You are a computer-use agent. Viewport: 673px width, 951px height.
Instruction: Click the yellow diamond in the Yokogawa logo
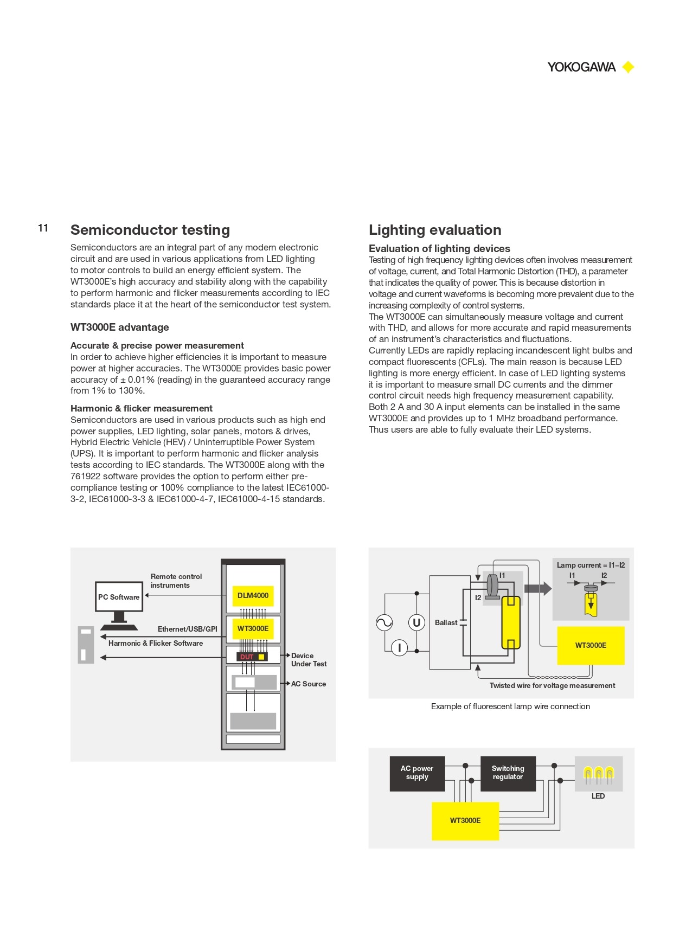tap(628, 67)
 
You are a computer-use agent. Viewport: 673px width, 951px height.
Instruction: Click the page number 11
tap(43, 228)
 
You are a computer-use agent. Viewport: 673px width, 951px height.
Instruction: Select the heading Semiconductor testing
tap(150, 230)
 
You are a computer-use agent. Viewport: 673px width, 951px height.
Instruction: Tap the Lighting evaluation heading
tap(435, 230)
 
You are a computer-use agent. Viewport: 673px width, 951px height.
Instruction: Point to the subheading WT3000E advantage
tap(120, 327)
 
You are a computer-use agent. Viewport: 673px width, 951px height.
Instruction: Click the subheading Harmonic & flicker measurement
tap(142, 408)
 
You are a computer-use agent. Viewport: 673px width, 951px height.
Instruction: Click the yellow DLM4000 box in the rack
tap(253, 596)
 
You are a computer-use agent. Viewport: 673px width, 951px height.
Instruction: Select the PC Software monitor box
tap(119, 597)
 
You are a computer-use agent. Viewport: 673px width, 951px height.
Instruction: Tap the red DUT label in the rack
tap(247, 657)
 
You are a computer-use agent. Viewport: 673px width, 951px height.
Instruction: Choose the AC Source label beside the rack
tap(309, 684)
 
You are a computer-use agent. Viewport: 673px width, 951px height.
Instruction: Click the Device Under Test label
tap(309, 660)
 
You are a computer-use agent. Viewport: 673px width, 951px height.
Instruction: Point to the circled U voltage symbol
tap(416, 623)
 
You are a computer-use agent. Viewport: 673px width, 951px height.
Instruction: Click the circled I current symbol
tap(400, 647)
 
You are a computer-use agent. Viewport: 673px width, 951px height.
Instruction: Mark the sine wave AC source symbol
tap(384, 623)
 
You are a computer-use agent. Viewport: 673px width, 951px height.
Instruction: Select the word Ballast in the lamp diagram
tap(446, 623)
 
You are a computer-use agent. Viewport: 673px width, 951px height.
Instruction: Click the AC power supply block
tap(417, 773)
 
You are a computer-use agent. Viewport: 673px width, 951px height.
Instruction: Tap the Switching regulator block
tap(508, 773)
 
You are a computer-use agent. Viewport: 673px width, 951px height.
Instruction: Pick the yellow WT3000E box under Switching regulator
tap(465, 821)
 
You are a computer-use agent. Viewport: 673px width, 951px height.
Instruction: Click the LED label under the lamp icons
tap(598, 796)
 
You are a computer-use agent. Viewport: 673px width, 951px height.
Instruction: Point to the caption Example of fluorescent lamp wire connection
tap(510, 706)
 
